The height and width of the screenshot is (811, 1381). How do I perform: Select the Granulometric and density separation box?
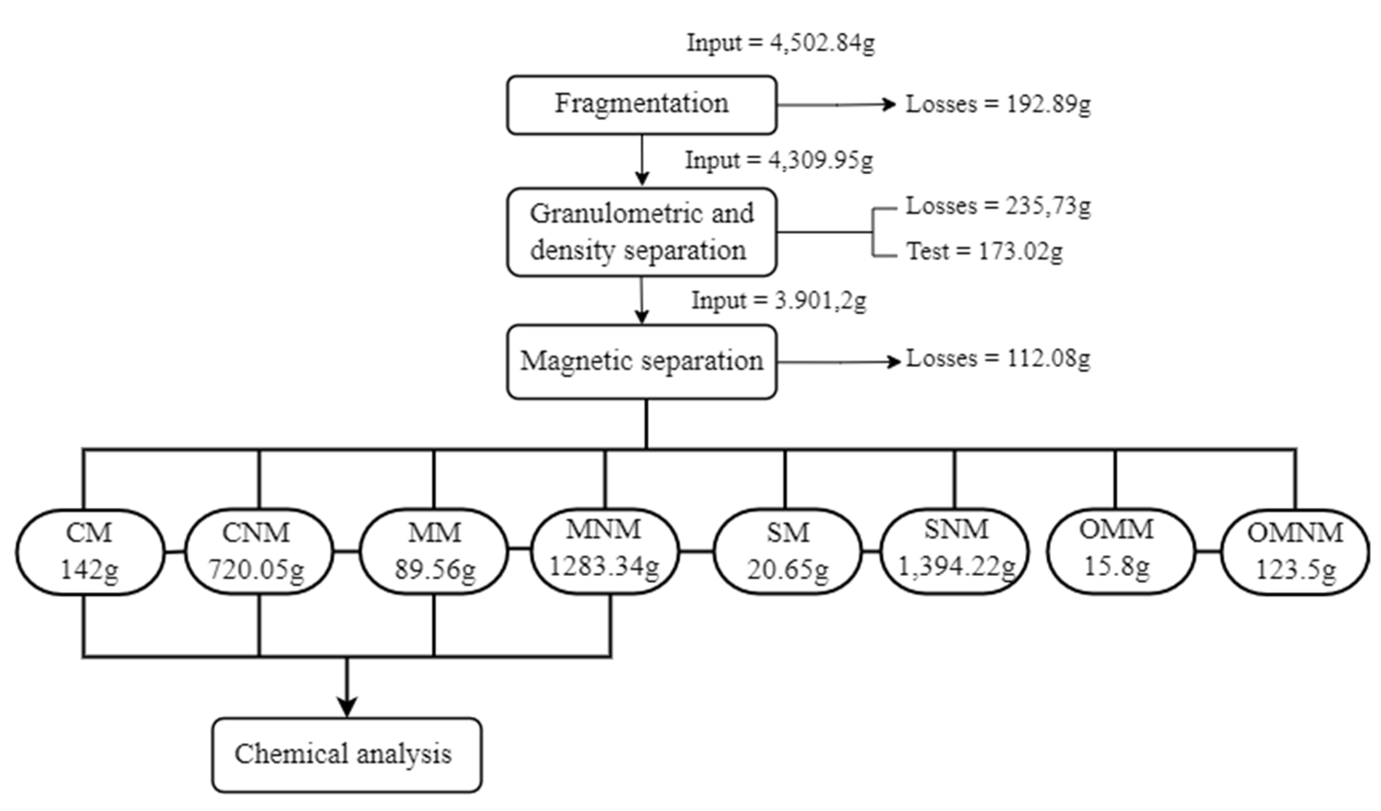(641, 232)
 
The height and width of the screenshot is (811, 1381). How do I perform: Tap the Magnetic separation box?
(641, 362)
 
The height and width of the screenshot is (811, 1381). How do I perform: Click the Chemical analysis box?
(347, 755)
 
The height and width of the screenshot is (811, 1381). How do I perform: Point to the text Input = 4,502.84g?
(780, 43)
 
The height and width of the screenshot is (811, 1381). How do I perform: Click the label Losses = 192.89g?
(997, 104)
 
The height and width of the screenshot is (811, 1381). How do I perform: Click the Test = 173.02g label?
(984, 252)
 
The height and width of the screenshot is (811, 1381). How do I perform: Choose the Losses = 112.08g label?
(997, 359)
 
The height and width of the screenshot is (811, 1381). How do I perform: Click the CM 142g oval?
(89, 551)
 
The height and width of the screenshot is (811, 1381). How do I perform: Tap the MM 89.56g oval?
(434, 551)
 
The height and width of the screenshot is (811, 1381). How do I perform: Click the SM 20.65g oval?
(787, 551)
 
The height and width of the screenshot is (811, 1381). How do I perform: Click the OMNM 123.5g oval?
(1295, 551)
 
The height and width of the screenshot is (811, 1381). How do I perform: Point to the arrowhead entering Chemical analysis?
(346, 707)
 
